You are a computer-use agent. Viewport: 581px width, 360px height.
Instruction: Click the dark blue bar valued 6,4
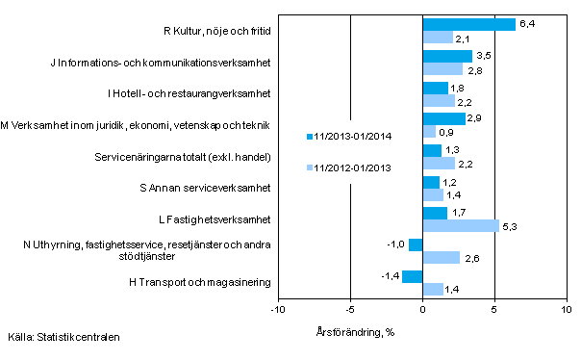click(468, 24)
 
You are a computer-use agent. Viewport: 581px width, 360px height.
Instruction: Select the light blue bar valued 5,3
click(461, 226)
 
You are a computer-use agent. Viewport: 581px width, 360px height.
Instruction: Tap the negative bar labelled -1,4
click(412, 277)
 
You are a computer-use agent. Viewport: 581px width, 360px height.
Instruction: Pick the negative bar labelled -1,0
click(415, 244)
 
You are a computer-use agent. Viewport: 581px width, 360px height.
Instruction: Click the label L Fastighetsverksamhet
click(216, 219)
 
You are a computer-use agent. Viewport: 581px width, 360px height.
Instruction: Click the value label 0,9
click(446, 132)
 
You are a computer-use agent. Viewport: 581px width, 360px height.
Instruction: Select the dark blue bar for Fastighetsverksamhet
click(435, 213)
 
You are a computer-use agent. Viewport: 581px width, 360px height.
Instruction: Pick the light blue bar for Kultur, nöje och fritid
click(438, 38)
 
